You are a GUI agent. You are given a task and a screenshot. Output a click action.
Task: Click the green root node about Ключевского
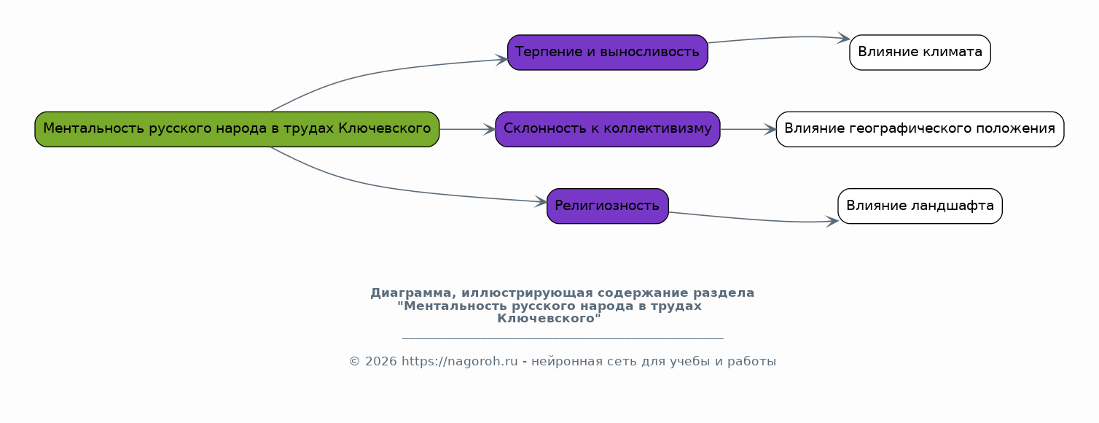[237, 129]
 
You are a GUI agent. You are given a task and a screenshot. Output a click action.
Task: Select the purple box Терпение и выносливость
[607, 53]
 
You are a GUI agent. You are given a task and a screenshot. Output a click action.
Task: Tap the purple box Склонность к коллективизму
[607, 129]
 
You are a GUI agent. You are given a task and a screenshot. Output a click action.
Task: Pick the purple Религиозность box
[607, 206]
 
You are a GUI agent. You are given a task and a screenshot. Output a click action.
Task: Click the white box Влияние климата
[920, 53]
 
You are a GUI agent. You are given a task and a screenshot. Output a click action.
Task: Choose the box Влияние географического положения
[920, 129]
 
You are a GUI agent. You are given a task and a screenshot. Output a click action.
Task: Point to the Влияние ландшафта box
[920, 206]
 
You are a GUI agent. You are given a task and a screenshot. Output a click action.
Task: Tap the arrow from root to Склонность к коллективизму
[468, 130]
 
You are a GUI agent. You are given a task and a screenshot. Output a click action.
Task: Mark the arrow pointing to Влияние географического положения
[748, 130]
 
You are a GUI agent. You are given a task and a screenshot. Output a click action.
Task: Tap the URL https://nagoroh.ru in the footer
[459, 362]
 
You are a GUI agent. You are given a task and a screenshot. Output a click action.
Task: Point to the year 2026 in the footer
[380, 362]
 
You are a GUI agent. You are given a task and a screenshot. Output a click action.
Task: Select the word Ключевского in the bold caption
[547, 319]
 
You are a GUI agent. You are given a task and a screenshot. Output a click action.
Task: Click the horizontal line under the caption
[563, 338]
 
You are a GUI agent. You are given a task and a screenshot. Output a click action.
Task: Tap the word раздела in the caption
[724, 293]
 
